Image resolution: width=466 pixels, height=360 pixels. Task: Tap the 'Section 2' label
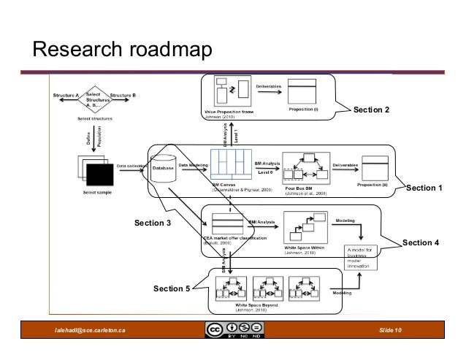click(371, 110)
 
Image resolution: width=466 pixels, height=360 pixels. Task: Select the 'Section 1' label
click(424, 188)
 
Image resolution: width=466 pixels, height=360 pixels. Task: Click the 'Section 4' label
click(421, 242)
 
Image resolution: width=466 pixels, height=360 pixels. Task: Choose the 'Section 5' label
click(172, 289)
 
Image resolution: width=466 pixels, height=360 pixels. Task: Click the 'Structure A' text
click(66, 96)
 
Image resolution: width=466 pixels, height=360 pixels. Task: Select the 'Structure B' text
click(128, 96)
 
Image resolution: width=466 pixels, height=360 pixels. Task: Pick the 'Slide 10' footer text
click(394, 333)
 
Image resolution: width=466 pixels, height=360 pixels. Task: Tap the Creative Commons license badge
click(233, 332)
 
